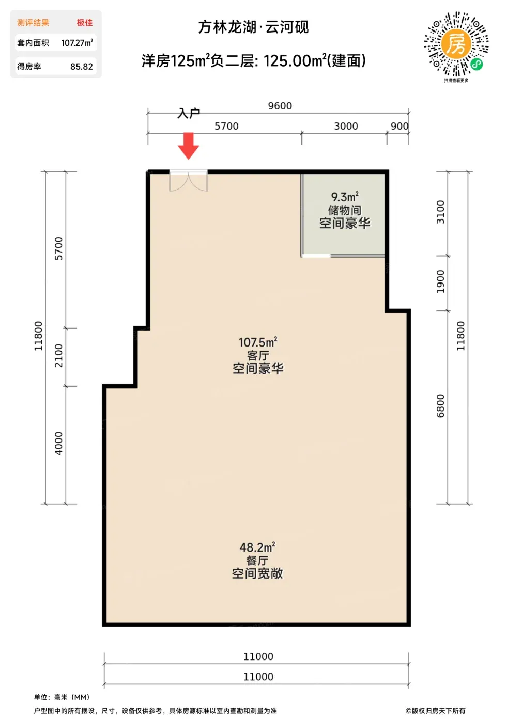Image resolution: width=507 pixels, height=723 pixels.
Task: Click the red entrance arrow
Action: click(x=188, y=145)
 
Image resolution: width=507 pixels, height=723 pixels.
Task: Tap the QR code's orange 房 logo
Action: click(x=456, y=44)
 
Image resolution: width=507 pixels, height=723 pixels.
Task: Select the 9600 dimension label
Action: click(x=280, y=106)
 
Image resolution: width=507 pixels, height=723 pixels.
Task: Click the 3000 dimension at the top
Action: click(x=346, y=126)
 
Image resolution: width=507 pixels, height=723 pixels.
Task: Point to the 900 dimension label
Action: click(x=400, y=126)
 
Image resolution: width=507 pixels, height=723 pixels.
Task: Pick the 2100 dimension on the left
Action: click(x=59, y=355)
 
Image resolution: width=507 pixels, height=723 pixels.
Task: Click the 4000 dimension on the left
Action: click(x=59, y=443)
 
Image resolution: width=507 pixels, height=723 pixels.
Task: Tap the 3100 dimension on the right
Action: click(x=440, y=212)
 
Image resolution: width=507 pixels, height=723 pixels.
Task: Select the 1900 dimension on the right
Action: click(x=440, y=281)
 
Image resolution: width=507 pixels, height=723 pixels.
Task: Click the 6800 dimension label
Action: click(x=440, y=406)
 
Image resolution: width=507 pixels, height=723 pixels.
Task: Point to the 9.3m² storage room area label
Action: click(x=345, y=196)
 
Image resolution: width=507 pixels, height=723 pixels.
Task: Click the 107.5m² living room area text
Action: click(x=258, y=342)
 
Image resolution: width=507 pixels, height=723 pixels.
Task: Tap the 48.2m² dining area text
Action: click(x=257, y=547)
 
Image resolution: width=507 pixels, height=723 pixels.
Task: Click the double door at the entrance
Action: click(x=189, y=181)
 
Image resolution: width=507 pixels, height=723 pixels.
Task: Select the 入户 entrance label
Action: click(x=189, y=113)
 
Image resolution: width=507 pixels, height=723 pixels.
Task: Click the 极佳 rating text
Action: click(x=85, y=23)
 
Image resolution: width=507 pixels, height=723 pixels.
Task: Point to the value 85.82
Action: click(x=82, y=67)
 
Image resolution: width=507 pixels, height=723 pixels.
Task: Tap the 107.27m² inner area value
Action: click(x=77, y=42)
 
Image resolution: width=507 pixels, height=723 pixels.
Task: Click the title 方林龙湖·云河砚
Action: click(x=253, y=27)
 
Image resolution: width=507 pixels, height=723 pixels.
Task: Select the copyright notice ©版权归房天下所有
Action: click(x=436, y=711)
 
